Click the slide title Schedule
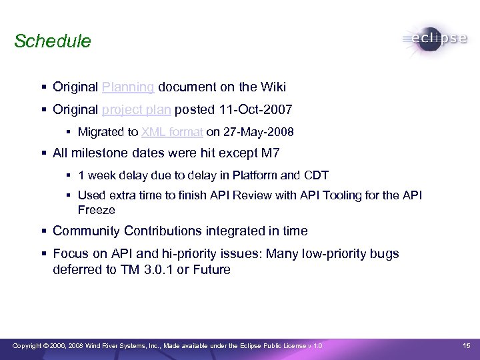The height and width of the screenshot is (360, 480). [52, 41]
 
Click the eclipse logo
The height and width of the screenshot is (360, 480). [434, 39]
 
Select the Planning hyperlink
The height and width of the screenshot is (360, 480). [129, 87]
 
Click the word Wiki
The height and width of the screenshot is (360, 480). [273, 87]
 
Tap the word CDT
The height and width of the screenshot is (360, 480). [317, 176]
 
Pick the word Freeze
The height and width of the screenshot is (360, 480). [97, 209]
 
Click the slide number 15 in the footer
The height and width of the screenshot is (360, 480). [466, 345]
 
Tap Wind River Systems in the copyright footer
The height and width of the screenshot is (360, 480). [106, 345]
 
